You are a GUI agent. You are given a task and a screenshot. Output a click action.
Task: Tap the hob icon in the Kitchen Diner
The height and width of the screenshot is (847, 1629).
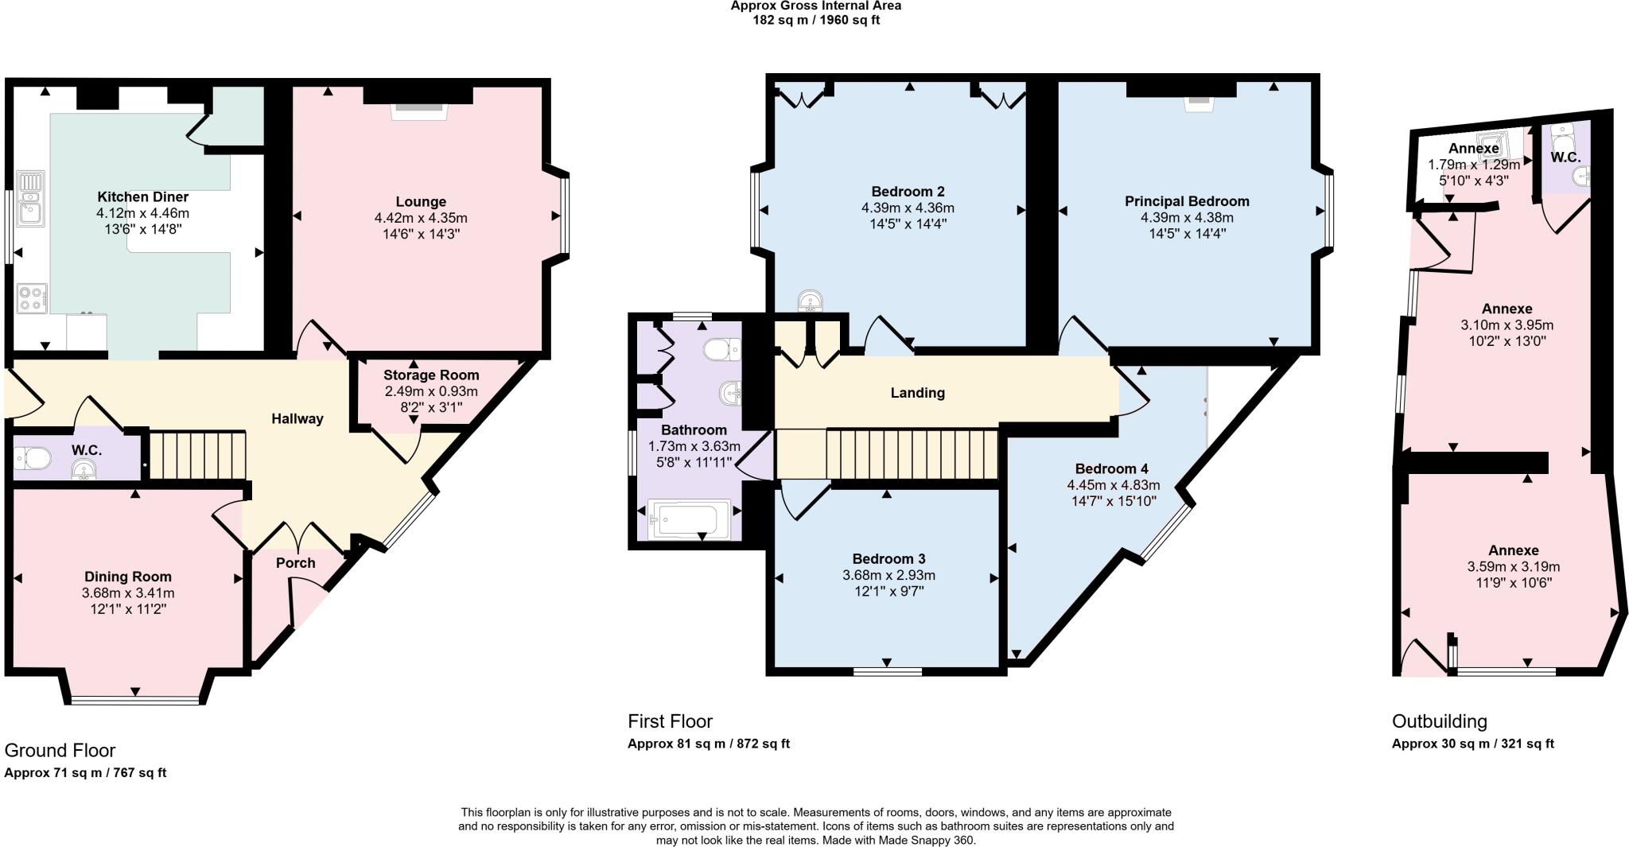(32, 299)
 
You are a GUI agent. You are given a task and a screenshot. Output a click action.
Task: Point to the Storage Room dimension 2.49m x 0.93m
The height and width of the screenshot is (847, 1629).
(431, 391)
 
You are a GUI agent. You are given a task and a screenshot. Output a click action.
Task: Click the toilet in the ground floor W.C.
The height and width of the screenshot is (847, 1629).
(33, 458)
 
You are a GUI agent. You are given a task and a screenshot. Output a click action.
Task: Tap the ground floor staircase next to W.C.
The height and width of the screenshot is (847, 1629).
(198, 455)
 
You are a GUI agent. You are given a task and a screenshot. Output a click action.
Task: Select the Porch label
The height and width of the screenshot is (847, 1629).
(295, 563)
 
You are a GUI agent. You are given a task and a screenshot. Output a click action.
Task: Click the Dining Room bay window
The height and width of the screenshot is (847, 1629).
(134, 701)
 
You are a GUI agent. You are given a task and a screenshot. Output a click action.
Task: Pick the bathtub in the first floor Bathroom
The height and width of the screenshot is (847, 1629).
(689, 519)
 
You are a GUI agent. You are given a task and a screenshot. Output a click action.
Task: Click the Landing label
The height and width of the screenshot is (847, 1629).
(917, 393)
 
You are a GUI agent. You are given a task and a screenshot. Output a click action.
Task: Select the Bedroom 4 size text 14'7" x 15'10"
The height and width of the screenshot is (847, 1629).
(1113, 501)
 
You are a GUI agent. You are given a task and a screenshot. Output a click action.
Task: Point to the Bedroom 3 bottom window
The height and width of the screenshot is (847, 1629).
(888, 672)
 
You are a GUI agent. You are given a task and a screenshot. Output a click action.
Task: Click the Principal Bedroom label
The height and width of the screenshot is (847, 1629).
(1186, 201)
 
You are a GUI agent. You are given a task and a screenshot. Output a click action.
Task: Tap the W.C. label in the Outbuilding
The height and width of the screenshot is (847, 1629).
(1565, 157)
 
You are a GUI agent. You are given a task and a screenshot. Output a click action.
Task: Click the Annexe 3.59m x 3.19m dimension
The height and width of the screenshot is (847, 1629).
(1513, 567)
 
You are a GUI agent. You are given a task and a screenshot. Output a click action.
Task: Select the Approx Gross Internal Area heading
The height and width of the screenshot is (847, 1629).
(815, 6)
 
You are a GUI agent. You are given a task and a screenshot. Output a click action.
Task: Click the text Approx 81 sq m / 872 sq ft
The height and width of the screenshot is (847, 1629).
(708, 744)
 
